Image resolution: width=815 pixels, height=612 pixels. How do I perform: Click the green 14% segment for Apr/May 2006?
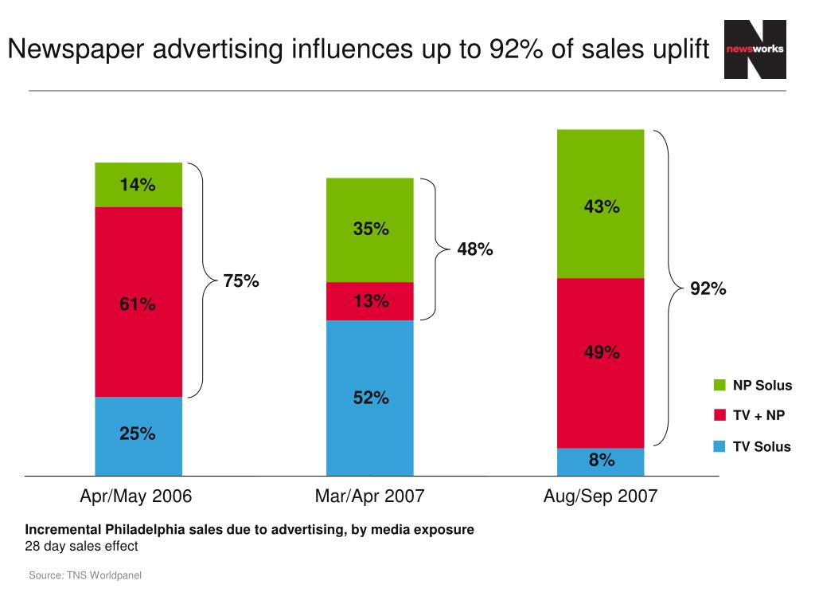coord(138,185)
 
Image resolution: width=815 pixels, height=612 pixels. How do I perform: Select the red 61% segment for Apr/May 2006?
coord(138,302)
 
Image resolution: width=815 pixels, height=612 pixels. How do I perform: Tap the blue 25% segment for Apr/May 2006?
coord(138,435)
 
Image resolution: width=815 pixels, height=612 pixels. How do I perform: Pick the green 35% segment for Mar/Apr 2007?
coord(370,229)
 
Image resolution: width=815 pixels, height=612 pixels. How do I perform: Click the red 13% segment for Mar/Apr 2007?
coord(370,301)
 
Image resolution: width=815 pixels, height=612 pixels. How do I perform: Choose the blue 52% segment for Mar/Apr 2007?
coord(370,398)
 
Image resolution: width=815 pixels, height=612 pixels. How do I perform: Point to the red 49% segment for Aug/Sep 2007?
coord(601,352)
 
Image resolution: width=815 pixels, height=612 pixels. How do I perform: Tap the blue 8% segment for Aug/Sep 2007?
coord(601,461)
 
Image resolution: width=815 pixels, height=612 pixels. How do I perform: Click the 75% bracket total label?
coord(240,281)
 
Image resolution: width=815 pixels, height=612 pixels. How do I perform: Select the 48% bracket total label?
coord(475,249)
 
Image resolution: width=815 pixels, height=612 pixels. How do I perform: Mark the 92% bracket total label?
coord(708,288)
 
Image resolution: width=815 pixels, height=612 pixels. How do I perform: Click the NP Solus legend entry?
coord(752,386)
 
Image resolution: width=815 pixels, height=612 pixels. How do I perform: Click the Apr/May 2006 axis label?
coord(136,496)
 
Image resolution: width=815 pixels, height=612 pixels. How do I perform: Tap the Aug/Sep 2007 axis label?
coord(600,496)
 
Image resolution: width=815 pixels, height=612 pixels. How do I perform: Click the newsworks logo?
coord(755,49)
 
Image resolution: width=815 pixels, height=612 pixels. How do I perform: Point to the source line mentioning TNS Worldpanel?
coord(85,575)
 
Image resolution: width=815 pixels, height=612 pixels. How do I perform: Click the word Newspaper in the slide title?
coord(75,49)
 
